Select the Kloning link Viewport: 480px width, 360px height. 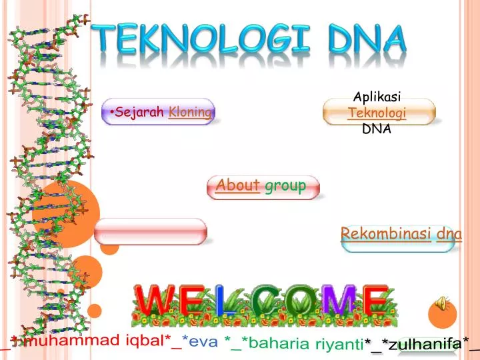click(190, 112)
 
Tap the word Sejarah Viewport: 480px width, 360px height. click(140, 112)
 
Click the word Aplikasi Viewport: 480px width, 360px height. click(376, 98)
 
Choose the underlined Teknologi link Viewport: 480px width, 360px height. click(377, 113)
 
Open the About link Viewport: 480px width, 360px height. click(238, 185)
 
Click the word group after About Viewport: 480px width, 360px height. click(285, 185)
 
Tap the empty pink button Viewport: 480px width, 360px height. click(151, 231)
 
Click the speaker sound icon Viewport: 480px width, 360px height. click(441, 303)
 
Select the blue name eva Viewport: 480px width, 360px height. click(203, 342)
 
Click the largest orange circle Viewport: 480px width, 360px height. click(67, 213)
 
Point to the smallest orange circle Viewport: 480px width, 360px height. click(95, 310)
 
